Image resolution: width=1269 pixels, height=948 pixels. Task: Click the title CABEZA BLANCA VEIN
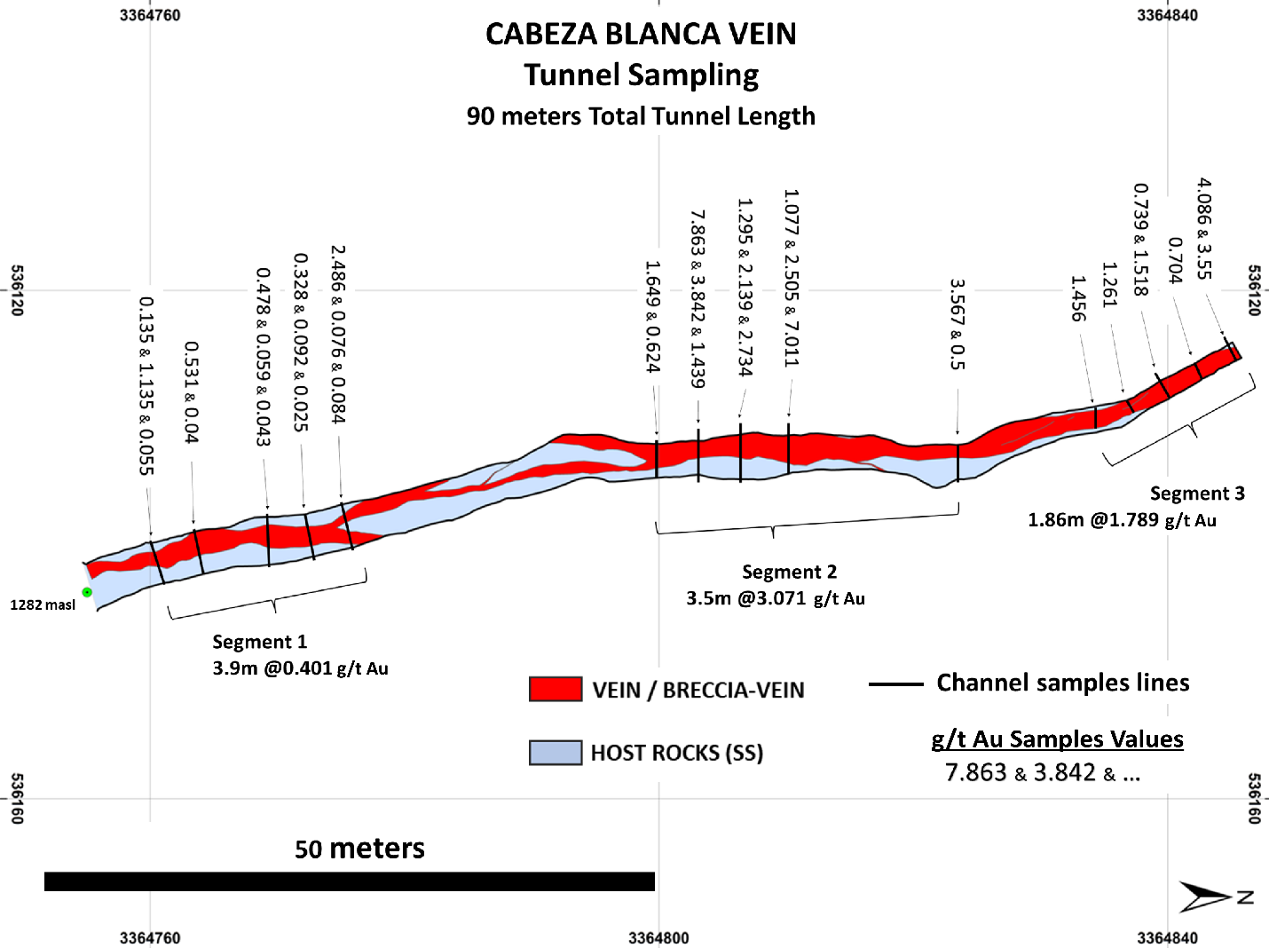pyautogui.click(x=641, y=34)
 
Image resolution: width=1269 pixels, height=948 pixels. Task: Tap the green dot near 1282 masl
pyautogui.click(x=87, y=592)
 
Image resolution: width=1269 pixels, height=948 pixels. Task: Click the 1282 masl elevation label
pyautogui.click(x=43, y=605)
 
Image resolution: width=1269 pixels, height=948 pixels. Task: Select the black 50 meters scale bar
pyautogui.click(x=349, y=881)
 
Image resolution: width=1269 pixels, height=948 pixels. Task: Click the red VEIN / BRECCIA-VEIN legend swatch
pyautogui.click(x=556, y=690)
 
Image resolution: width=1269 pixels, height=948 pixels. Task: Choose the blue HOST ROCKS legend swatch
pyautogui.click(x=556, y=753)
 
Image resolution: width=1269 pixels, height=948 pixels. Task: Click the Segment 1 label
pyautogui.click(x=259, y=642)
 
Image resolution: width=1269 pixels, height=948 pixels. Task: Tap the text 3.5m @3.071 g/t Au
pyautogui.click(x=775, y=598)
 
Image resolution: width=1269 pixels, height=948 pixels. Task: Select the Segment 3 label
pyautogui.click(x=1197, y=494)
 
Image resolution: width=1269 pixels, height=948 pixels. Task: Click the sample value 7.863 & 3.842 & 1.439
pyautogui.click(x=698, y=299)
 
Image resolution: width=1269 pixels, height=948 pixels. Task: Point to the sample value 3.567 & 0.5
pyautogui.click(x=957, y=324)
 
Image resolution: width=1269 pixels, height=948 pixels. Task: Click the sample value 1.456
pyautogui.click(x=1078, y=298)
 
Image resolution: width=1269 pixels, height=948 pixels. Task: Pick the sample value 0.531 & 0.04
pyautogui.click(x=191, y=391)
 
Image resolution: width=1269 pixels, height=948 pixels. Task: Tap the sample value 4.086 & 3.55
pyautogui.click(x=1204, y=228)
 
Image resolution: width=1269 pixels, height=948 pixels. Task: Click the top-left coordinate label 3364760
pyautogui.click(x=150, y=15)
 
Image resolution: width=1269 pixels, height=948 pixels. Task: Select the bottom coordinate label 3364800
pyautogui.click(x=658, y=938)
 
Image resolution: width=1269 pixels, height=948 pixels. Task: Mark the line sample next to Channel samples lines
pyautogui.click(x=895, y=684)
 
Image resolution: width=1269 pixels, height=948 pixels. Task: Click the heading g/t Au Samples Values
pyautogui.click(x=1057, y=739)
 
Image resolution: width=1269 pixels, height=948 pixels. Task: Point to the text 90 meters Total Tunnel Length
pyautogui.click(x=641, y=116)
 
